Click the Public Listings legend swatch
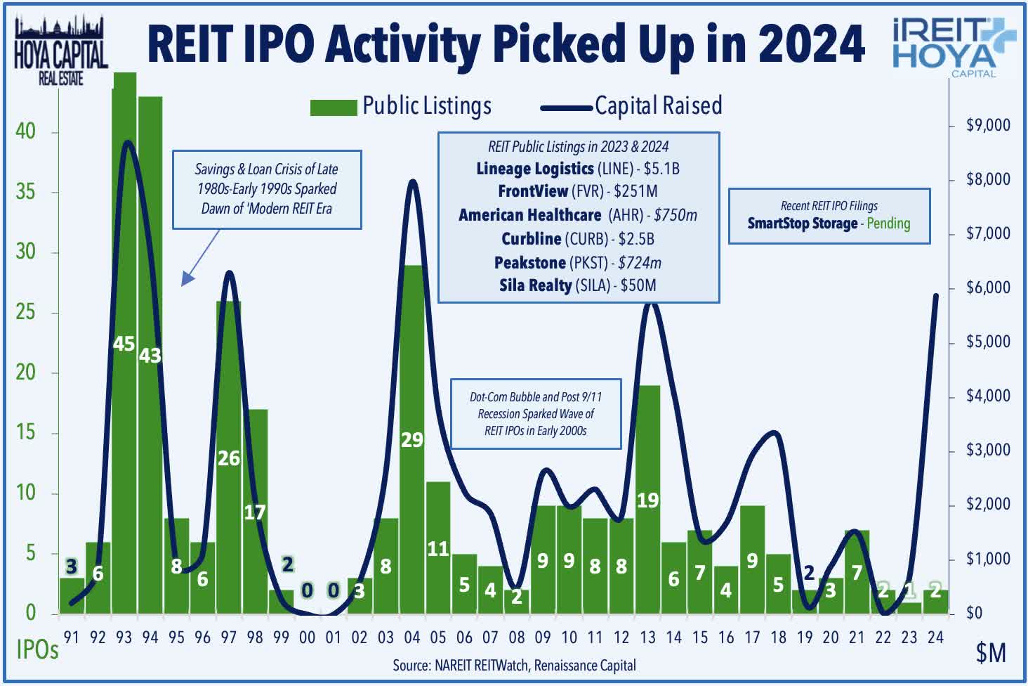click(x=334, y=107)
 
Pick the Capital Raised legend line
click(x=566, y=108)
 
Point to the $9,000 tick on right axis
click(x=987, y=126)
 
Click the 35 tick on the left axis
click(x=25, y=192)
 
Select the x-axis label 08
click(x=517, y=638)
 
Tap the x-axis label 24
click(x=935, y=638)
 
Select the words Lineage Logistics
click(x=534, y=169)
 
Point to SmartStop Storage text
click(x=802, y=224)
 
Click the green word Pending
click(x=888, y=224)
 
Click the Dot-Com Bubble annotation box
click(x=536, y=414)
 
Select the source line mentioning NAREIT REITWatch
click(x=514, y=665)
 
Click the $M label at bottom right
click(x=990, y=654)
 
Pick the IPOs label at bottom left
click(x=37, y=650)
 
